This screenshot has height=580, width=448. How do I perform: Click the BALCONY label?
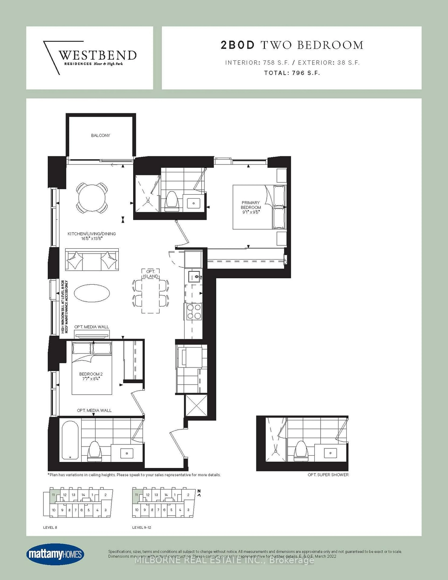100,135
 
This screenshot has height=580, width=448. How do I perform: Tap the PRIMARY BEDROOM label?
250,205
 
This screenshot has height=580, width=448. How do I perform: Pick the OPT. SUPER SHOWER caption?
328,475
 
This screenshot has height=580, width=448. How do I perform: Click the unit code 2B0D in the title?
238,45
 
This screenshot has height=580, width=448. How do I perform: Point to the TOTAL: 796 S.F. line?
292,73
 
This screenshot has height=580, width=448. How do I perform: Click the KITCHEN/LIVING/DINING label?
92,234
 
